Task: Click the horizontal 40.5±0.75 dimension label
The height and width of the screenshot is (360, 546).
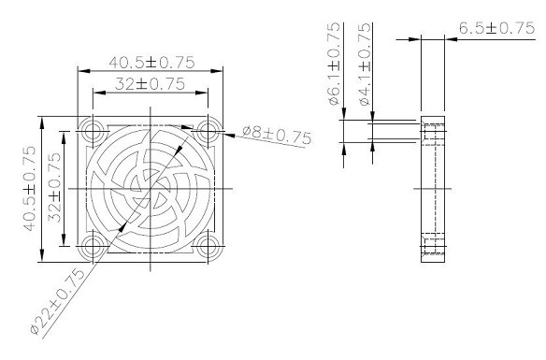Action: click(x=151, y=63)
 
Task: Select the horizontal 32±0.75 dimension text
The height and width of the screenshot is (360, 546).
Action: click(x=150, y=83)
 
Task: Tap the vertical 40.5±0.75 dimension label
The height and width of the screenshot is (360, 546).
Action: click(x=29, y=188)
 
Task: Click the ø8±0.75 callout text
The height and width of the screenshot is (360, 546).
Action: click(x=277, y=136)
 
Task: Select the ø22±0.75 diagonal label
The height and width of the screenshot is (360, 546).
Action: click(x=57, y=302)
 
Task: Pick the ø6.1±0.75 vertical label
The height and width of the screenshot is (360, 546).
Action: click(x=334, y=64)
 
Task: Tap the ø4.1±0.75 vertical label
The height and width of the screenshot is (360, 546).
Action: click(x=365, y=65)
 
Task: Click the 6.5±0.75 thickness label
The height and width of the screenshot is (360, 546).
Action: click(x=496, y=28)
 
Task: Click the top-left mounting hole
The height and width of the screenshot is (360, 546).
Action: click(x=93, y=131)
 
